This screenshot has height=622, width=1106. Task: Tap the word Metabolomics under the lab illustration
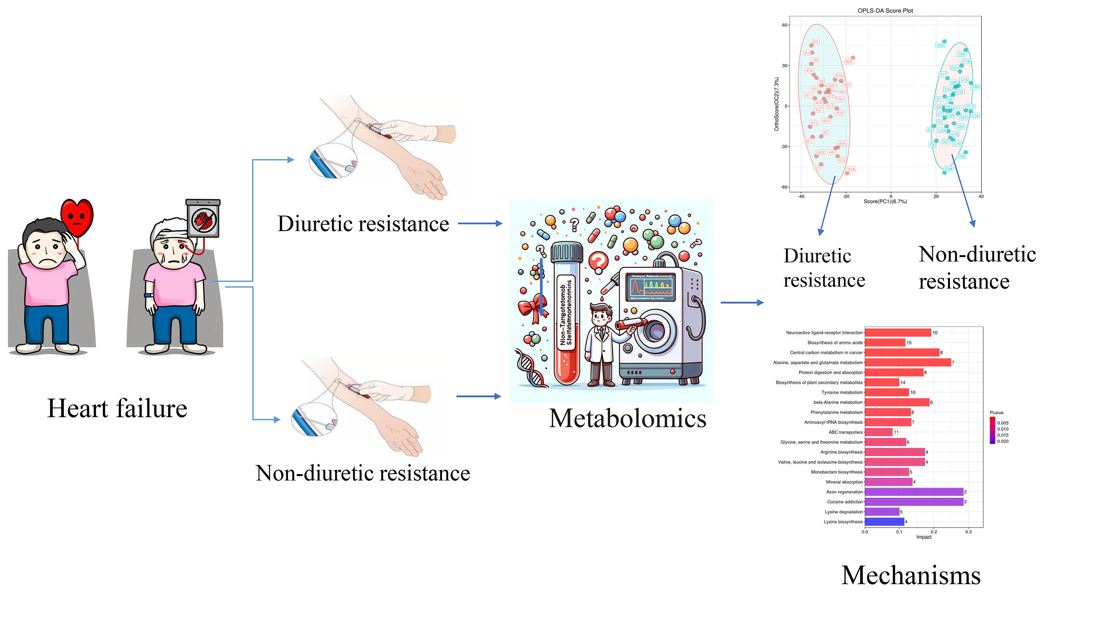pos(627,419)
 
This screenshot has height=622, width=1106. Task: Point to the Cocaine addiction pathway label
pos(844,502)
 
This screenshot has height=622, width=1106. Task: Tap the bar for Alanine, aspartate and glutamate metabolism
pos(908,363)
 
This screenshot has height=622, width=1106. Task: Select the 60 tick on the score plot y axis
pos(784,25)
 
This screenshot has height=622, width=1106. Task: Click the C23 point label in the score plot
pos(940,45)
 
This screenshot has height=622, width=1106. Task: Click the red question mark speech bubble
pos(598,261)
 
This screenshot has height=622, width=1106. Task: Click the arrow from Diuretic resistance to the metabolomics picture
pos(480,224)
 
